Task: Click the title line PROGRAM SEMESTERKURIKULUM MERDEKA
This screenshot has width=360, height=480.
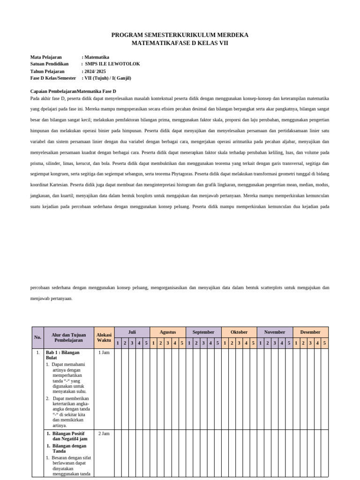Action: click(x=180, y=35)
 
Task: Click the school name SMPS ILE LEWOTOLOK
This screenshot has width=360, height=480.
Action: click(x=112, y=64)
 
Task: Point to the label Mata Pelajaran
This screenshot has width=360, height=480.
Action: click(x=46, y=57)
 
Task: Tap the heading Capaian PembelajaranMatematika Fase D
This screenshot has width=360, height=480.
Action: click(x=73, y=91)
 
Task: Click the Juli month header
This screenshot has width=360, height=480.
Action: click(x=132, y=332)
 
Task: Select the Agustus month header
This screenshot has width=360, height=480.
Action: click(x=168, y=332)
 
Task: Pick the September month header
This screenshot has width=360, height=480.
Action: click(x=203, y=332)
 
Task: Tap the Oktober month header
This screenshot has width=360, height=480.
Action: click(x=239, y=332)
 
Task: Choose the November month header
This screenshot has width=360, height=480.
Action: click(x=275, y=332)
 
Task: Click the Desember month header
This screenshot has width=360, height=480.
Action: click(x=310, y=332)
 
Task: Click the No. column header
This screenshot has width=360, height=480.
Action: click(x=37, y=337)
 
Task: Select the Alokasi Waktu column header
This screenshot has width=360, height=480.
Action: click(x=104, y=337)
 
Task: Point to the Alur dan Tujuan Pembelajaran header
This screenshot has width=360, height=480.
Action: click(x=68, y=337)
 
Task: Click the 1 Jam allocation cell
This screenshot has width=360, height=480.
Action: click(x=104, y=352)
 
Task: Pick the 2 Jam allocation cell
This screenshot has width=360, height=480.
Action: click(x=104, y=434)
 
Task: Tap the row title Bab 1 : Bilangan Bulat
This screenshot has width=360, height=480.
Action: click(x=62, y=355)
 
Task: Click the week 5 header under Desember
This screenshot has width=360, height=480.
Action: click(x=324, y=343)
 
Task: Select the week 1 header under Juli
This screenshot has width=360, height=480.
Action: click(x=118, y=343)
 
